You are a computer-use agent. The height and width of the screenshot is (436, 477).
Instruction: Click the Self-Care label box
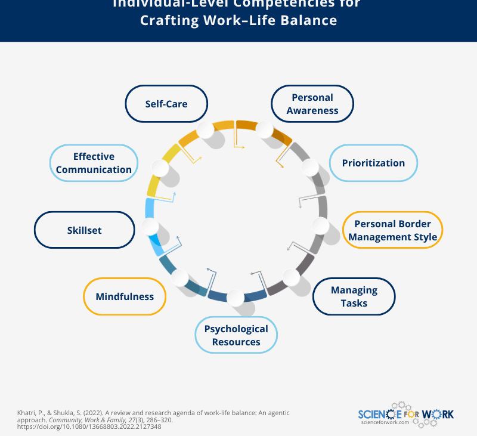(x=166, y=104)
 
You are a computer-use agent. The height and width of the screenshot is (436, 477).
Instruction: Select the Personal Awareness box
(x=312, y=104)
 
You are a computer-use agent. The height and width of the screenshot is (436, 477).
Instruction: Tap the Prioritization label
(x=373, y=163)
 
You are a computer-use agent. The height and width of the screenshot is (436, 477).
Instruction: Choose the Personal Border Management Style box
(x=393, y=230)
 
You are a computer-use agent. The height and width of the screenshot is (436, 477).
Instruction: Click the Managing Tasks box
(x=354, y=296)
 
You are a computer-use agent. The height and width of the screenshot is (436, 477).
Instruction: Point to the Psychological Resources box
(x=236, y=335)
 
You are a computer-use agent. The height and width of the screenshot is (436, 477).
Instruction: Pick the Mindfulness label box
(x=125, y=296)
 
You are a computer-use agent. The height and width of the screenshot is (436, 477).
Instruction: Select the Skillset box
(x=84, y=230)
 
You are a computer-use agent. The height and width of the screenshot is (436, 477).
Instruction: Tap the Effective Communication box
(x=94, y=163)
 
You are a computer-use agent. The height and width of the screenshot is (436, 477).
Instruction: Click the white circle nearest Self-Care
(x=205, y=130)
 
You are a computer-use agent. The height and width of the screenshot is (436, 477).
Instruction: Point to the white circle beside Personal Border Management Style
(x=320, y=225)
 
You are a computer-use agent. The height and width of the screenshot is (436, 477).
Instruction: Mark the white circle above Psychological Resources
(x=235, y=296)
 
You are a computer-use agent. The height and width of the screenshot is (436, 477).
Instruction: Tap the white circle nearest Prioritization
(x=309, y=168)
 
